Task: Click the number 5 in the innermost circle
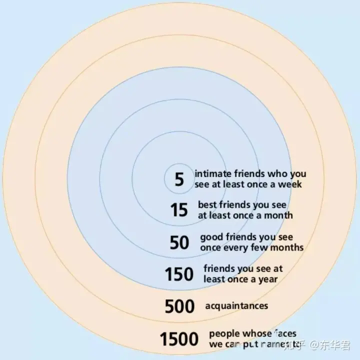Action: pyautogui.click(x=179, y=179)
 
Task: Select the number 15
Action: pyautogui.click(x=179, y=210)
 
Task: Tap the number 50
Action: pyautogui.click(x=179, y=242)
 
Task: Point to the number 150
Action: pyautogui.click(x=179, y=274)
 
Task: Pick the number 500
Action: pyautogui.click(x=179, y=305)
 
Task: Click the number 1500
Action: pyautogui.click(x=179, y=339)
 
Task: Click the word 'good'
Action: pyautogui.click(x=212, y=237)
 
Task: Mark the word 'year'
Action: pyautogui.click(x=267, y=279)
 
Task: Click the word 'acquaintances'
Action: pyautogui.click(x=236, y=305)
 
